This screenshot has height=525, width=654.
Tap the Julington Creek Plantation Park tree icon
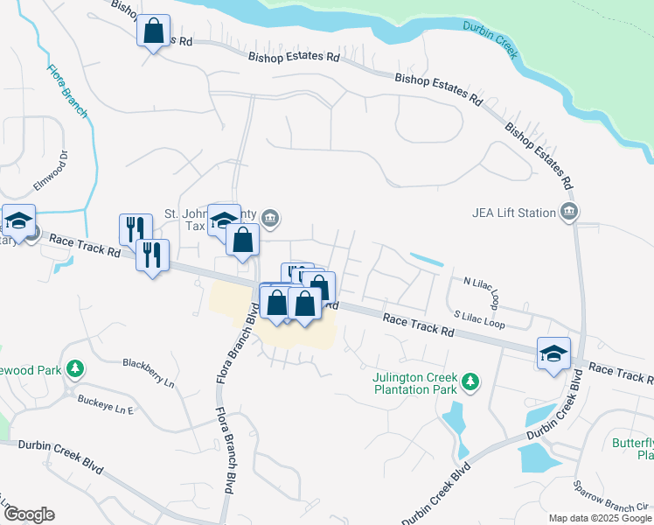click(471, 381)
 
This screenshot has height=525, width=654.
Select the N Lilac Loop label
click(481, 290)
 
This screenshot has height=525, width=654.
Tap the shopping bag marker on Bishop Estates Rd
click(154, 31)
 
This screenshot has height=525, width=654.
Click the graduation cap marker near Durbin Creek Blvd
click(553, 353)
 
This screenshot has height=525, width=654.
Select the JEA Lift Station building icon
click(570, 212)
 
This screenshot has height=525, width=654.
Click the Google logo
click(28, 514)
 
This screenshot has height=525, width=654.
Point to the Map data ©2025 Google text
click(600, 518)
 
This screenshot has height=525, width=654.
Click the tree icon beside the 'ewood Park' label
click(77, 369)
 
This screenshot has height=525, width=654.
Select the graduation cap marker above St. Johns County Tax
click(224, 220)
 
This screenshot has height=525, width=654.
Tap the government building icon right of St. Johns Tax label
click(270, 217)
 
